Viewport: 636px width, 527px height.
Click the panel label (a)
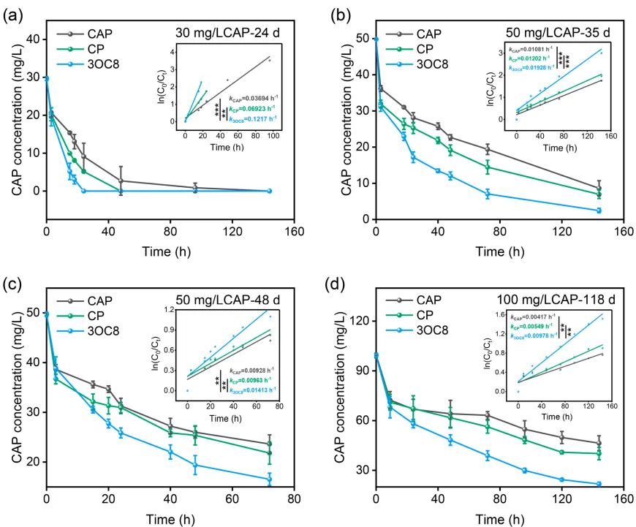(x=12, y=13)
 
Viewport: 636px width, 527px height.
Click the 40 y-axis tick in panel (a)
(x=33, y=39)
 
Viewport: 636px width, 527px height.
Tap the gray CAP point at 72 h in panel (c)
(x=270, y=444)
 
